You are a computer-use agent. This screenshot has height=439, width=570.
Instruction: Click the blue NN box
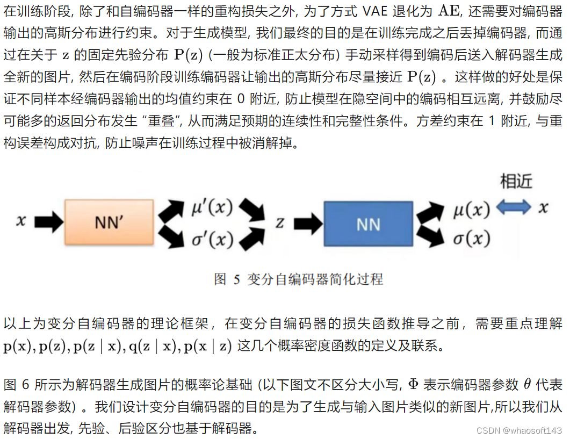tap(369, 224)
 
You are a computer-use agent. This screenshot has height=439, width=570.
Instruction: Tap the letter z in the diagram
tap(279, 223)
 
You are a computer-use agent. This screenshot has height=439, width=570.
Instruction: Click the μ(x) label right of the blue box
tap(471, 208)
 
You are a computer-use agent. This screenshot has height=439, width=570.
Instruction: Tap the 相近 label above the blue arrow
tap(516, 182)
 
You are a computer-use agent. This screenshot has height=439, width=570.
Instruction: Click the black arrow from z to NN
tap(305, 223)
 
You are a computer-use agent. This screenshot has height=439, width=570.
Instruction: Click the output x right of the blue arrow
tap(544, 208)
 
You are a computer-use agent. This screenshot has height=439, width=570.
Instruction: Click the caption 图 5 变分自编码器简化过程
tap(298, 279)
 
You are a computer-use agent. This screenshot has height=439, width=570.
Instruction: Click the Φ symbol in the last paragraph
tap(413, 385)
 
